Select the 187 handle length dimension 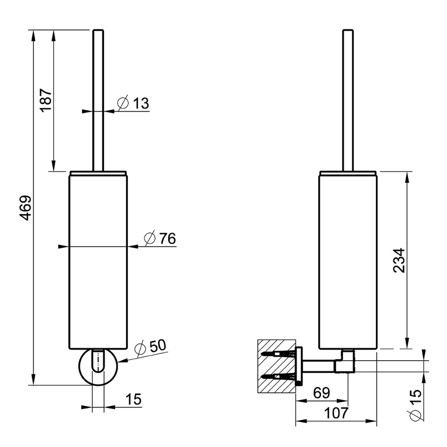pyautogui.click(x=46, y=98)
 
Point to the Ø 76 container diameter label pyautogui.click(x=159, y=239)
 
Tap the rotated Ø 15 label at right pyautogui.click(x=415, y=405)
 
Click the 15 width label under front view pyautogui.click(x=134, y=399)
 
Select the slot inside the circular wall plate pyautogui.click(x=98, y=361)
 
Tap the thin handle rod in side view pyautogui.click(x=347, y=100)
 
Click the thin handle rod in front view pyautogui.click(x=98, y=100)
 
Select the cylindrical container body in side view pyautogui.click(x=348, y=260)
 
